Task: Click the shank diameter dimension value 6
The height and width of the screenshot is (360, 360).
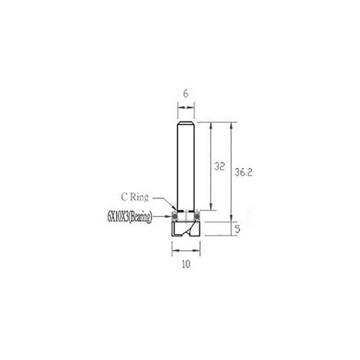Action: [186, 94]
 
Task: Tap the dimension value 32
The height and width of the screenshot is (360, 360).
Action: [219, 166]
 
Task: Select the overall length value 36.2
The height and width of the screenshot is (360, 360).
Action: [244, 172]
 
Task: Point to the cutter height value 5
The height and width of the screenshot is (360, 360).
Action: [238, 229]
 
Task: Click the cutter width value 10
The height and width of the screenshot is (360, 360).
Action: [186, 264]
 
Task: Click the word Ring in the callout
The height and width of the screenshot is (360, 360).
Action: [139, 197]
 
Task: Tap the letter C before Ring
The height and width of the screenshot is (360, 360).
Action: [124, 197]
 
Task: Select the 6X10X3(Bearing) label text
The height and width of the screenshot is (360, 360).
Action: [130, 217]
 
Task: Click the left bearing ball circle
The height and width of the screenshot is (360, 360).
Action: [175, 216]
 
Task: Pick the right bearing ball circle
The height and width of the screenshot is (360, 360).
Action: [197, 216]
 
